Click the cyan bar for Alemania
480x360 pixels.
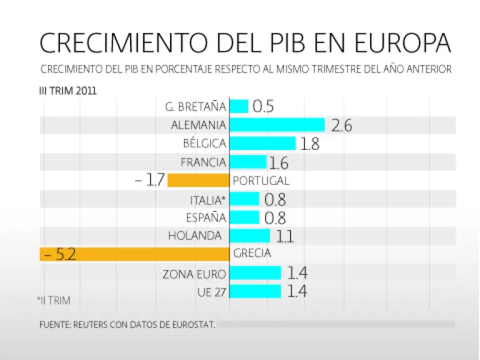click(277, 125)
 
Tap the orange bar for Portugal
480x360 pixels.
click(199, 181)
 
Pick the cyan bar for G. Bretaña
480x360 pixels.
click(239, 106)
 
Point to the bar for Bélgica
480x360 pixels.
click(262, 144)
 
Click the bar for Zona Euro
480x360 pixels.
click(256, 273)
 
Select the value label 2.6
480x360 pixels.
click(342, 126)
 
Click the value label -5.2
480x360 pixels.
click(60, 254)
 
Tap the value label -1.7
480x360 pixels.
click(150, 181)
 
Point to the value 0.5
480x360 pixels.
click(263, 106)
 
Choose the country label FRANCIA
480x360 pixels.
click(203, 162)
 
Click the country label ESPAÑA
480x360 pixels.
click(206, 218)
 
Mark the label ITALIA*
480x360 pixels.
click(207, 200)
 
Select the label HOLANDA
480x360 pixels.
click(195, 236)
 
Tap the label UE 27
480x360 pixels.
click(211, 292)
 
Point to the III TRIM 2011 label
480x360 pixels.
click(68, 90)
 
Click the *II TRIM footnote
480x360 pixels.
click(54, 301)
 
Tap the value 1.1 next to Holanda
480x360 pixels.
click(284, 236)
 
